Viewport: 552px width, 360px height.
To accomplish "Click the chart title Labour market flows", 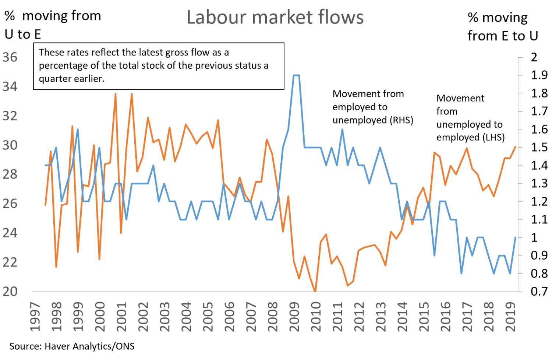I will click(275, 17).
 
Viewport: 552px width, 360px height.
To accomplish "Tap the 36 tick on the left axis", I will click(10, 57).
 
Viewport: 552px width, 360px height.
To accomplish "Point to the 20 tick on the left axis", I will click(10, 291).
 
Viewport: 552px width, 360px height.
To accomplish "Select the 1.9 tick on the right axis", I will click(539, 75).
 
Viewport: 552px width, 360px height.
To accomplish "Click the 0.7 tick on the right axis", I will click(539, 292).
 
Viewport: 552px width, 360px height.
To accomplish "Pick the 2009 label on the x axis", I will click(294, 317).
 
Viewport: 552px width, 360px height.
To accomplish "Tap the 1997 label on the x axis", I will click(35, 317).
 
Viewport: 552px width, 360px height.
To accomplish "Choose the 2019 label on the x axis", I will click(510, 317).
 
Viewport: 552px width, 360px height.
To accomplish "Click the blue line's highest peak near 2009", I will click(296, 75).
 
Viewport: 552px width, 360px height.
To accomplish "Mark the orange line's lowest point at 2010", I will click(315, 291).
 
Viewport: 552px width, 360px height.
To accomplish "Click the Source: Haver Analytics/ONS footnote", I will click(72, 346).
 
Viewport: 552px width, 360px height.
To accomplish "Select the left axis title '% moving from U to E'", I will click(52, 25).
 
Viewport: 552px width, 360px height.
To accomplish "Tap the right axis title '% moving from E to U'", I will click(503, 26).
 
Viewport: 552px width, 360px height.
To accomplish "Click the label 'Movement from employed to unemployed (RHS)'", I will click(372, 107).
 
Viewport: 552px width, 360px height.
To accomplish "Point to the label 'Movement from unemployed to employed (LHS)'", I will click(470, 118).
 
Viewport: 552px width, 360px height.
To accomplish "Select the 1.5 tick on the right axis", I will click(539, 147).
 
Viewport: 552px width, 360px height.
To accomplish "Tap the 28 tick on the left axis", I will click(10, 174).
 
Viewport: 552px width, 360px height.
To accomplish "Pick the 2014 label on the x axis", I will click(402, 317).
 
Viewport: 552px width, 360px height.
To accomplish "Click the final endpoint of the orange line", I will click(515, 147).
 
